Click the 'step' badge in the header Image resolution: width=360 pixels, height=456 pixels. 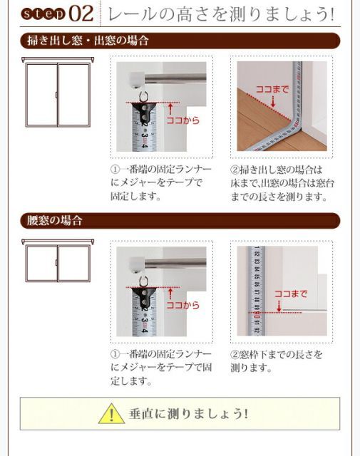pos(44,15)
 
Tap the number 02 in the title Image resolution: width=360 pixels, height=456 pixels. pos(81,15)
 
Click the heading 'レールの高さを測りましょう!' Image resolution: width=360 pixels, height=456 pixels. pos(220,15)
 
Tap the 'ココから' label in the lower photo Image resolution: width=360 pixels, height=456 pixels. pos(182,306)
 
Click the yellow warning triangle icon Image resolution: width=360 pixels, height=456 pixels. pos(112,413)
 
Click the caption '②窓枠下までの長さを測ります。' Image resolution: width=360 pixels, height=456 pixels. pos(277,361)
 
